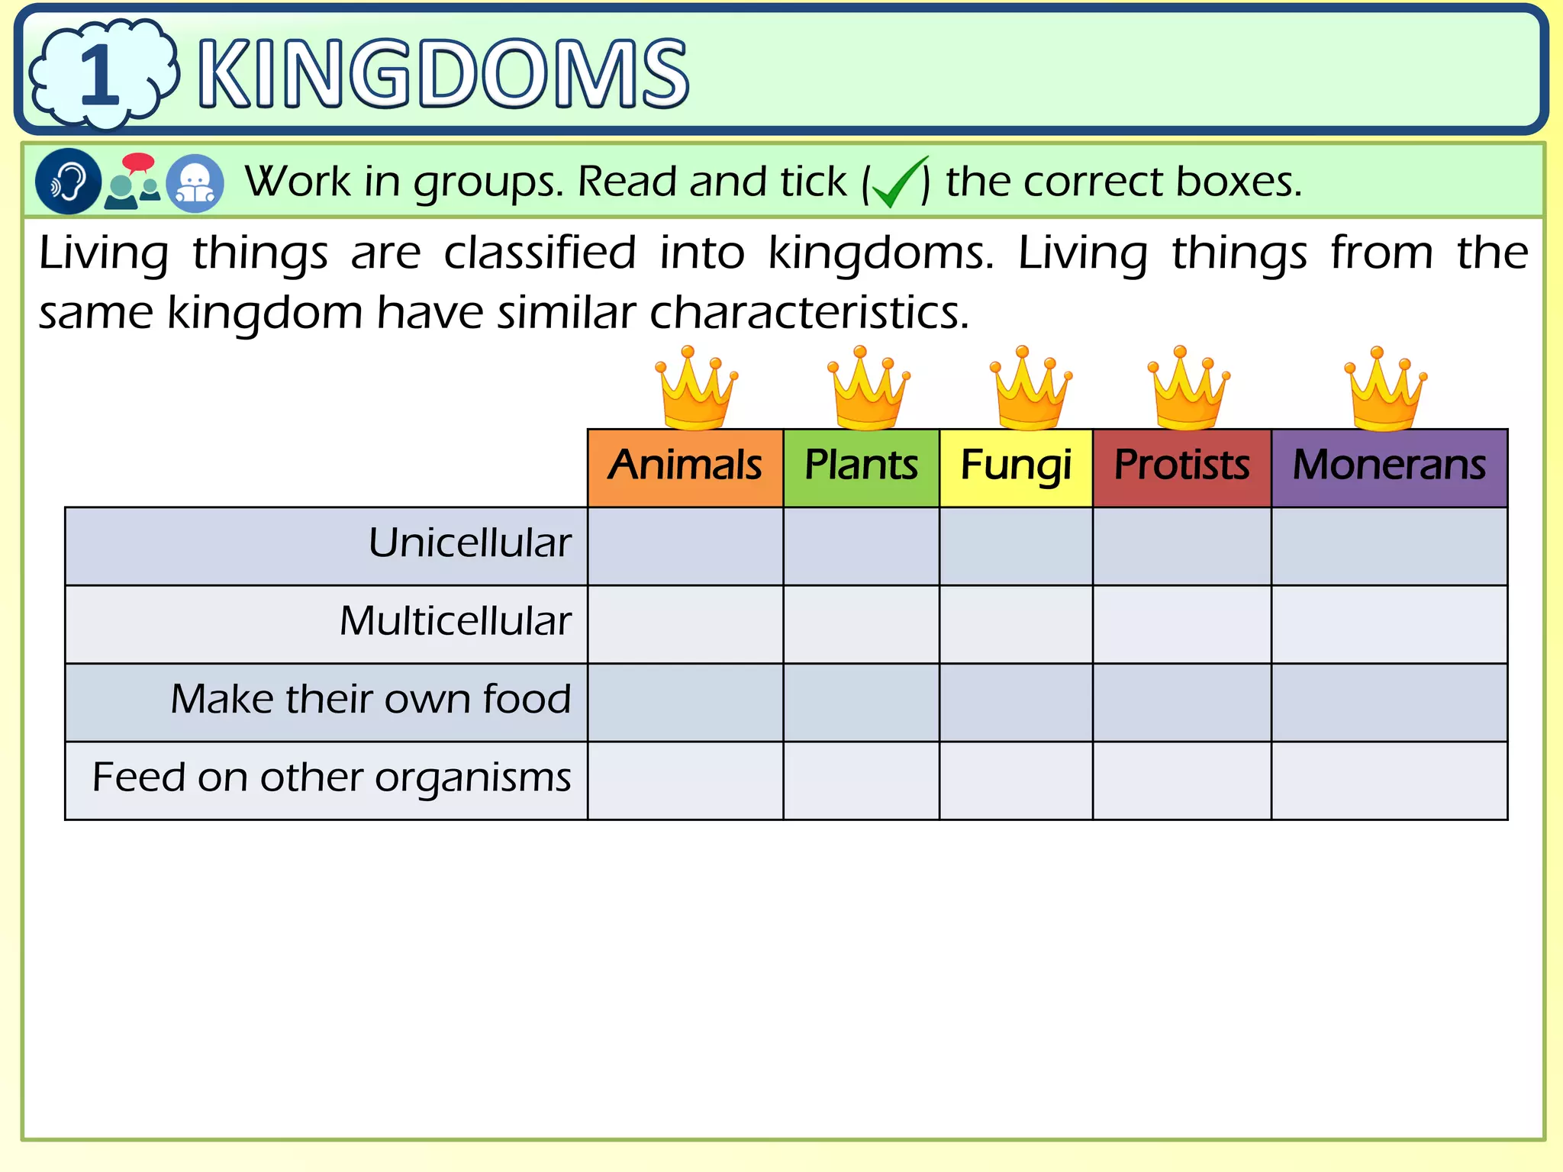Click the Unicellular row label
[x=469, y=544]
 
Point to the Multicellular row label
[x=455, y=622]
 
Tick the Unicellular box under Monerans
[x=1389, y=546]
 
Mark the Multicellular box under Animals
[x=685, y=624]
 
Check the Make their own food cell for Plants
[x=861, y=703]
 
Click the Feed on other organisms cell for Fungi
[x=1016, y=781]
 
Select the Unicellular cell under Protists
[x=1181, y=546]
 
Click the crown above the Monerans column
[x=1385, y=388]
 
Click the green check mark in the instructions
[x=898, y=183]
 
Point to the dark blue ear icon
[x=68, y=182]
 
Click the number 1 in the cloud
[x=100, y=75]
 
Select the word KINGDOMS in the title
[x=443, y=75]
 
